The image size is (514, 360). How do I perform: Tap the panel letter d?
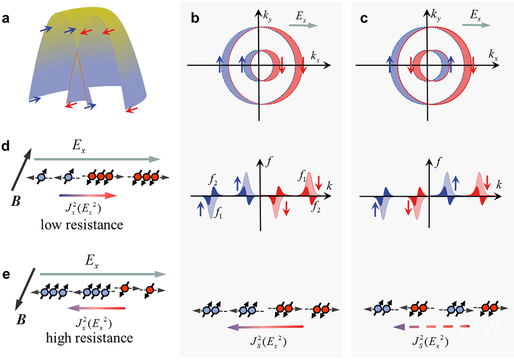(x=6, y=147)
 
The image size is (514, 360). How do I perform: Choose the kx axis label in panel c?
(x=493, y=54)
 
